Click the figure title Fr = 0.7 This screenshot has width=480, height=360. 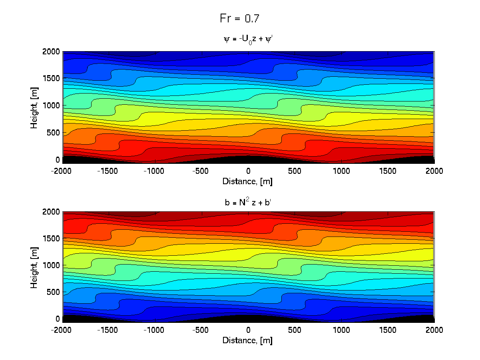pos(240,18)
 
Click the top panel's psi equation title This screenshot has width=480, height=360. pos(248,39)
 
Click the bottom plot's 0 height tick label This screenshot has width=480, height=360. pos(58,319)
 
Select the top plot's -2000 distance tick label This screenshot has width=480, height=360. pos(62,171)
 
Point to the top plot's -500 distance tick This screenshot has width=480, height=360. pos(202,171)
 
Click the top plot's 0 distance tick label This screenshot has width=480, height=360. pos(248,171)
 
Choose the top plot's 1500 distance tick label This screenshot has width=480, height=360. pos(388,171)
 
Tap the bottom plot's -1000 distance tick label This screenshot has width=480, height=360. pos(155,330)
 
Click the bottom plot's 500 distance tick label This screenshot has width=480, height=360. pos(295,330)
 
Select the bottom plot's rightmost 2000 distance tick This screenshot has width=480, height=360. pos(434,330)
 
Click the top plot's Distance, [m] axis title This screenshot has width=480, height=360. pos(248,181)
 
